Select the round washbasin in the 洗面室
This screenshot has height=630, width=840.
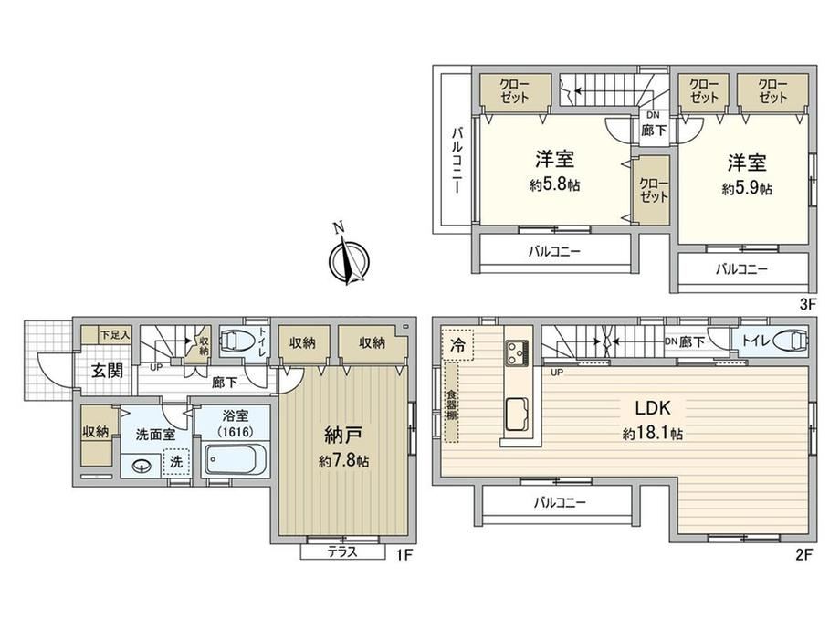coord(142,467)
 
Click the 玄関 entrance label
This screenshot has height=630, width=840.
coord(107,370)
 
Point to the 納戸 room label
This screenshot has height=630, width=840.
coord(343,436)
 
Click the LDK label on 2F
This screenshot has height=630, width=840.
coord(653,408)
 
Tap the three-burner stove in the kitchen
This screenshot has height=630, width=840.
coord(517,352)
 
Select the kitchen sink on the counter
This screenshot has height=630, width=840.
coord(517,415)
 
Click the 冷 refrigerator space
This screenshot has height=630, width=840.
coord(457,345)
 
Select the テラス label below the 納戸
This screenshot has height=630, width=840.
coord(342,551)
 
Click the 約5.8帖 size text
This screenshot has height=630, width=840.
coord(555,185)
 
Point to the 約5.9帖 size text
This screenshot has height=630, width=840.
coord(747,189)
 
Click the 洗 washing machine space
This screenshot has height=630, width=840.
coord(176,462)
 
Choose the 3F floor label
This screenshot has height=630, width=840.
coord(807,305)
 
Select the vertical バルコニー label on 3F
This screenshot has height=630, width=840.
coord(457,160)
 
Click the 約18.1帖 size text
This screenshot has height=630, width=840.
coord(653,434)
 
